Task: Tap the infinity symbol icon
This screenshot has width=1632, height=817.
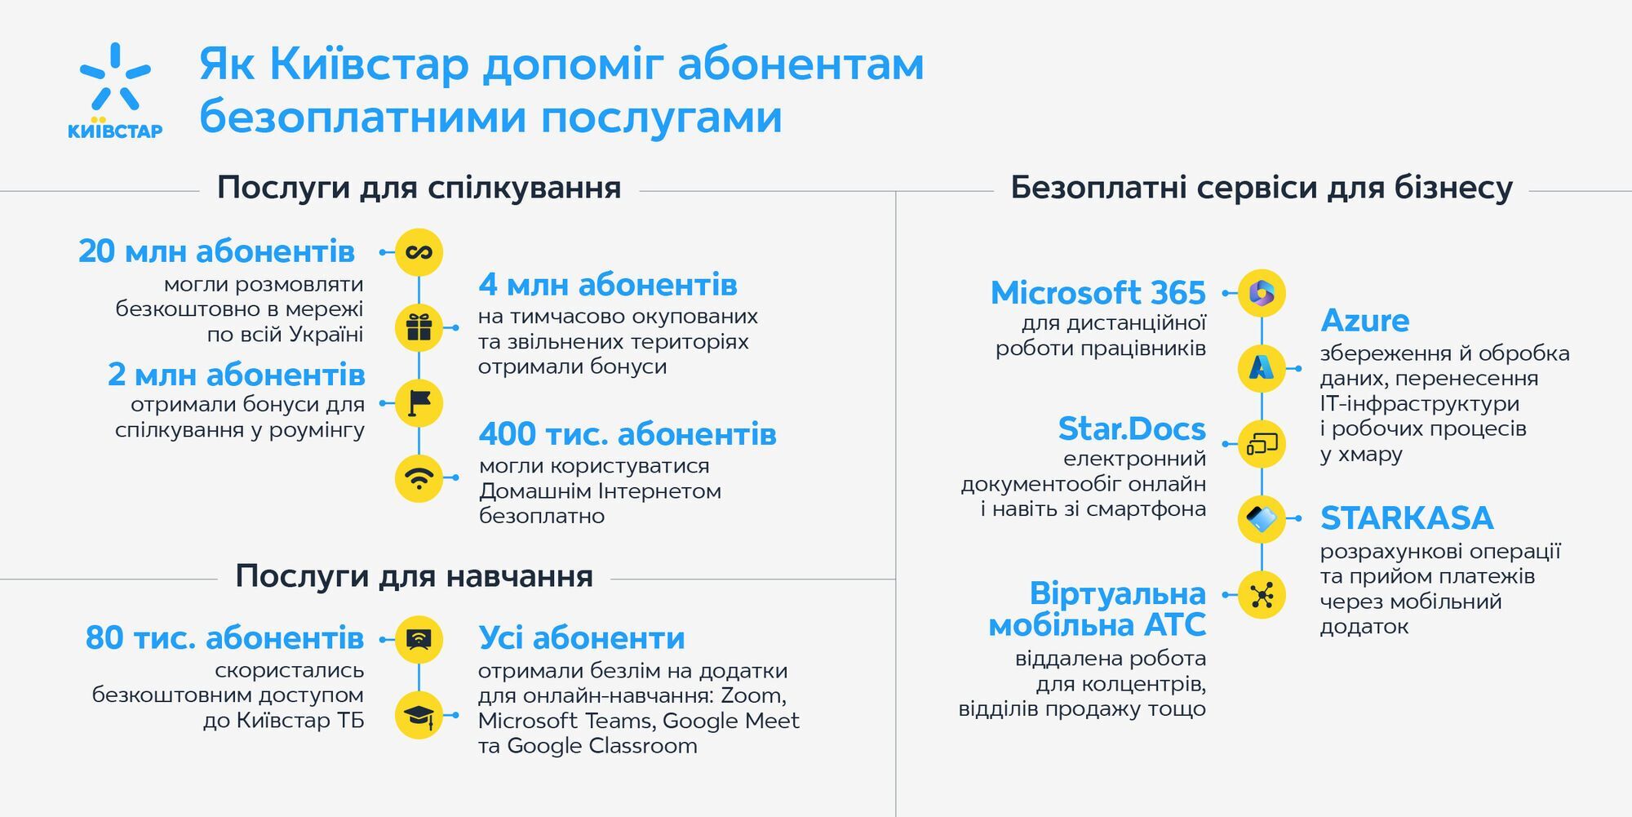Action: pos(419,252)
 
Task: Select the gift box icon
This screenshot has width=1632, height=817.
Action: pos(419,327)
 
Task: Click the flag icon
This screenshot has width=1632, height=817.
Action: pos(419,402)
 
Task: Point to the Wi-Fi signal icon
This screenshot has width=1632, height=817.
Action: pos(419,477)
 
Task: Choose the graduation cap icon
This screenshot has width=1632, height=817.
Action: pos(419,715)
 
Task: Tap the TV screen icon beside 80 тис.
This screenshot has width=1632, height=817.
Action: pos(419,639)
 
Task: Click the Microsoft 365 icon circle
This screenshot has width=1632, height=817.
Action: pos(1262,293)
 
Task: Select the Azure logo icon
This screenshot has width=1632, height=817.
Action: pos(1262,368)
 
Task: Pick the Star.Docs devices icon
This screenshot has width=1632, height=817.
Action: pos(1262,444)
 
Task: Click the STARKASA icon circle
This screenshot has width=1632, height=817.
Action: pos(1262,519)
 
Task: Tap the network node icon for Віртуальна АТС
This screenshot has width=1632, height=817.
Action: pos(1262,595)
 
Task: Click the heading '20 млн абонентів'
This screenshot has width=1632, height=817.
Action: pos(216,251)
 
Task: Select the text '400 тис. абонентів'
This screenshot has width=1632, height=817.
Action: pos(627,434)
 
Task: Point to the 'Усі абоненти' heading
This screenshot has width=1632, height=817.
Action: pos(581,638)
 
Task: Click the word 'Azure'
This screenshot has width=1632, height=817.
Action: pos(1364,321)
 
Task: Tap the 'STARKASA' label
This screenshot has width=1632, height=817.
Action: pos(1407,518)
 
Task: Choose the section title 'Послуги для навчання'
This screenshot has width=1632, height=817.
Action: pos(414,576)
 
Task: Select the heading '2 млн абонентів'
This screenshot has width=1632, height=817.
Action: pos(236,375)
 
